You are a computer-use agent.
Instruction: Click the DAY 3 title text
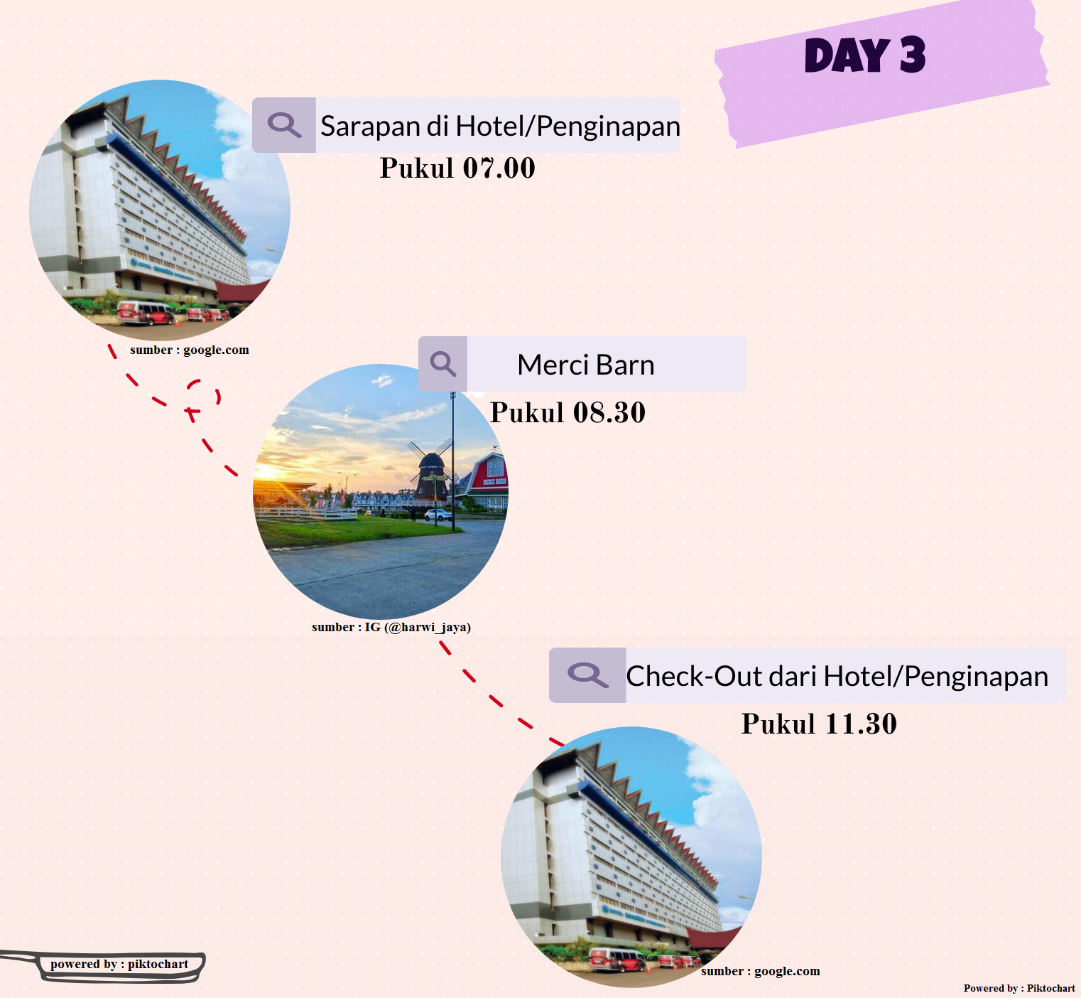tap(864, 55)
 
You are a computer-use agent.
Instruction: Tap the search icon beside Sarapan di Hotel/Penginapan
tap(284, 125)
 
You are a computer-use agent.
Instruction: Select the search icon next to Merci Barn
tap(442, 364)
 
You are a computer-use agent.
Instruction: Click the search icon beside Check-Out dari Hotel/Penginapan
tap(587, 675)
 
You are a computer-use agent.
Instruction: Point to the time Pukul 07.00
tap(457, 168)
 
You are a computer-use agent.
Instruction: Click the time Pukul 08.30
tap(567, 413)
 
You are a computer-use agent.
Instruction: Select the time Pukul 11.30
tap(819, 724)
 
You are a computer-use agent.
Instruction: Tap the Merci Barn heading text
tap(585, 365)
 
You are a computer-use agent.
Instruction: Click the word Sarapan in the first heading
tap(370, 127)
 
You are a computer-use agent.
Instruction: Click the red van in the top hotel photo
tap(145, 312)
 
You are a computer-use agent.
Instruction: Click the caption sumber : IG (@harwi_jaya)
tap(391, 627)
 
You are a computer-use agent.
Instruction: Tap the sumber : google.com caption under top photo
tap(189, 350)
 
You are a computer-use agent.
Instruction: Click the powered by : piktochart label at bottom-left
tap(119, 965)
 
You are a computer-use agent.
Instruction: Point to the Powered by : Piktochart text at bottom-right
tap(1018, 988)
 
